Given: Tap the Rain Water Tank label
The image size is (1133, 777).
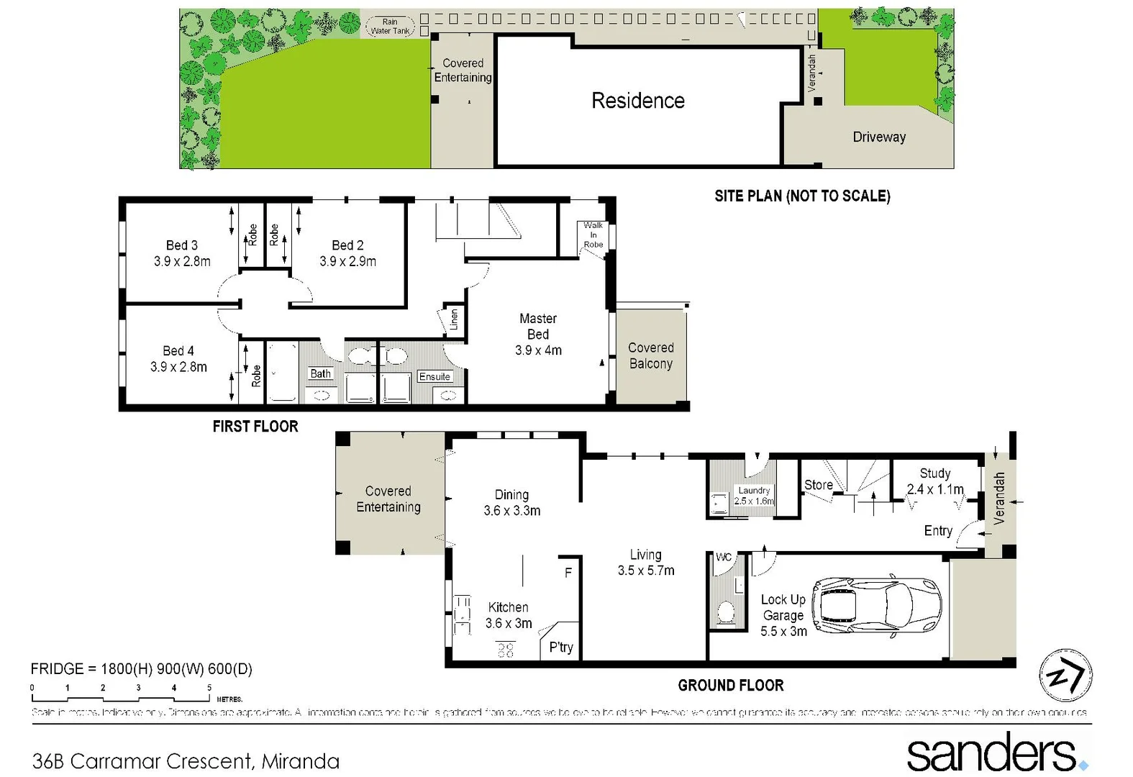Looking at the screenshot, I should (390, 27).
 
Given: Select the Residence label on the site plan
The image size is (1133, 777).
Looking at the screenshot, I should (637, 101).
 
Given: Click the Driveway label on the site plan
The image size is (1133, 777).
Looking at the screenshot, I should (878, 137).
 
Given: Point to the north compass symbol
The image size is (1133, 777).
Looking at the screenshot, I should (1065, 676).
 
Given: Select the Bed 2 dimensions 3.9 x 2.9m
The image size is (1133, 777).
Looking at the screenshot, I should (347, 262).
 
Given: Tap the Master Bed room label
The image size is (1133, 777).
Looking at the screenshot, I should (538, 327).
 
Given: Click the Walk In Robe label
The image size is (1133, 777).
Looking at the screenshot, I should (593, 235).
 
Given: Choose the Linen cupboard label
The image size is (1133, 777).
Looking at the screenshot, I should (453, 319).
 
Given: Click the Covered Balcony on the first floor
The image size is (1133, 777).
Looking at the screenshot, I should (650, 355).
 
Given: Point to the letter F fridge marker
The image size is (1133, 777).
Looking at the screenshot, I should (568, 573).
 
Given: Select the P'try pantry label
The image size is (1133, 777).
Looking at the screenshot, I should (561, 647).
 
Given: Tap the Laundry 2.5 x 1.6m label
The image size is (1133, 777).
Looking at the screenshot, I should (754, 496).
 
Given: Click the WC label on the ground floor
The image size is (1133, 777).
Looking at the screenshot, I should (724, 557).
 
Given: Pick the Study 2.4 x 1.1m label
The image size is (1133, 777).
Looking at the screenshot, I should (934, 481).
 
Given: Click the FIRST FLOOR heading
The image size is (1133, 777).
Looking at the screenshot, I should (255, 427).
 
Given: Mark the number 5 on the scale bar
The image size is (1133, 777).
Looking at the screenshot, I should (209, 688).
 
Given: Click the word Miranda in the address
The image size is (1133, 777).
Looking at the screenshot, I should (300, 760).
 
